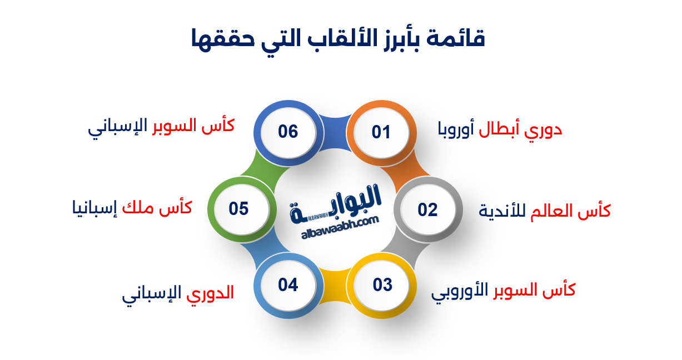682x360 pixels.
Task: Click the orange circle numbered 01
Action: click(381, 132)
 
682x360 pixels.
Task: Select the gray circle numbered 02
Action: click(428, 209)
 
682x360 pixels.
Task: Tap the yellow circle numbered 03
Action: click(382, 285)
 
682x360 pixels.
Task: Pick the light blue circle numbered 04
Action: click(288, 285)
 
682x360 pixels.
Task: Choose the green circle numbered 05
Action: click(238, 209)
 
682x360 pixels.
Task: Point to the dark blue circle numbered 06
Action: click(288, 132)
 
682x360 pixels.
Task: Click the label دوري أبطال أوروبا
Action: click(500, 129)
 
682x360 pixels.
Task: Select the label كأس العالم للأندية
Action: click(545, 211)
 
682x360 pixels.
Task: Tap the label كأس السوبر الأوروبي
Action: click(503, 290)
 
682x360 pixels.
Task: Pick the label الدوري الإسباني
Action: click(178, 293)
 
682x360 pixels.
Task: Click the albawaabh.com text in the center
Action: click(340, 227)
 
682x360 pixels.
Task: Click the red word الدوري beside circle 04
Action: click(210, 293)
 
